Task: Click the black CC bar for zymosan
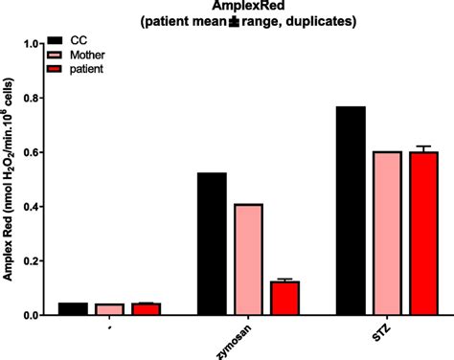(212, 244)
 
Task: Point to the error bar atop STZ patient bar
(423, 149)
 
